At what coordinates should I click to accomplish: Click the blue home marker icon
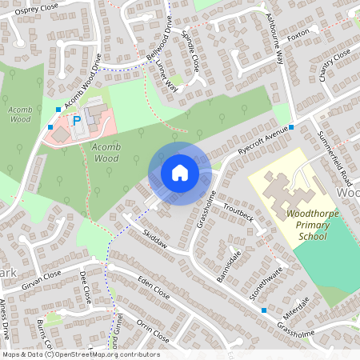pyautogui.click(x=180, y=173)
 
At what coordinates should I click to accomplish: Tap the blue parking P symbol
pyautogui.click(x=77, y=121)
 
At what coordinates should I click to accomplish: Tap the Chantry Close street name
pyautogui.click(x=335, y=65)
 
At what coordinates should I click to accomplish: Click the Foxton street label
pyautogui.click(x=298, y=36)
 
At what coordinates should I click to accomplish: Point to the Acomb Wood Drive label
pyautogui.click(x=84, y=82)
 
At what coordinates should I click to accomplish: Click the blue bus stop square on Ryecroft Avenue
pyautogui.click(x=292, y=127)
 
